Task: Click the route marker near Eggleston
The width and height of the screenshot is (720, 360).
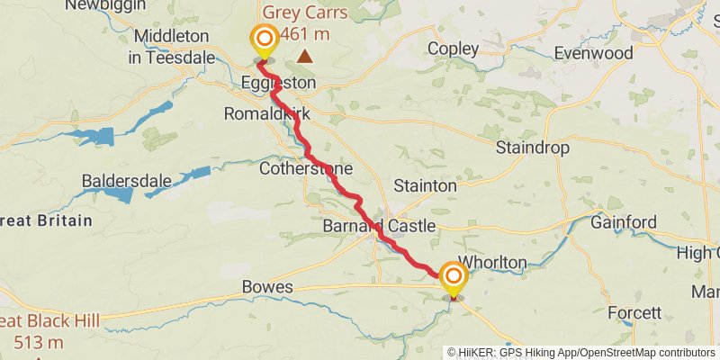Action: [264, 40]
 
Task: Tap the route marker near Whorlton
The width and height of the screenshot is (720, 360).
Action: [454, 276]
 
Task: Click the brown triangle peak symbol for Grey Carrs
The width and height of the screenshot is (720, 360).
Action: [306, 57]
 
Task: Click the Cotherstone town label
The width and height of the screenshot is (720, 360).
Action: [305, 169]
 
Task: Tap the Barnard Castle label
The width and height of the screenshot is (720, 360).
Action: [379, 226]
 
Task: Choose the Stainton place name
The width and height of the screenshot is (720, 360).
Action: [425, 185]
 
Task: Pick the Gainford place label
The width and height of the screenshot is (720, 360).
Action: [624, 221]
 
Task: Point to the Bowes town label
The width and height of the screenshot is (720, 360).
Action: [267, 287]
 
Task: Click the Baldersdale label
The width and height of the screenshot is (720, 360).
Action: [126, 181]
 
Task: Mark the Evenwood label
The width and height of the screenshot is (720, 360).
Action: [594, 53]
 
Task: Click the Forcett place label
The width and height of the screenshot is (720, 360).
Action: [634, 313]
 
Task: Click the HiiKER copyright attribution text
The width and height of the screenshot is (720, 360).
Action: [581, 353]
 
